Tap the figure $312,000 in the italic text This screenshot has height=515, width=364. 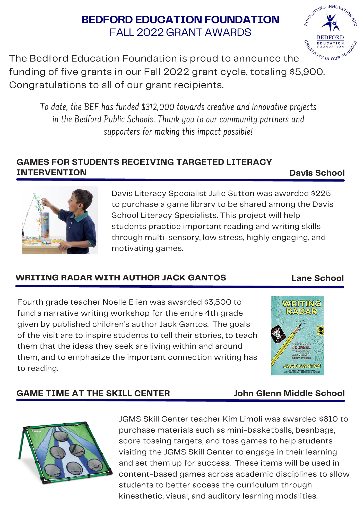tap(158, 107)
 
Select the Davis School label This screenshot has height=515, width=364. tap(317, 173)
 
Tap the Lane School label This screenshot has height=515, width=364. tap(317, 278)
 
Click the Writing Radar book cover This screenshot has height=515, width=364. tap(298, 335)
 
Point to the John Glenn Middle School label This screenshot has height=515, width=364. tap(289, 393)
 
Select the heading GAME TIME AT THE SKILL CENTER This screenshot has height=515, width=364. tap(93, 393)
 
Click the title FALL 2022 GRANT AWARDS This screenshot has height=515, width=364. tap(180, 32)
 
